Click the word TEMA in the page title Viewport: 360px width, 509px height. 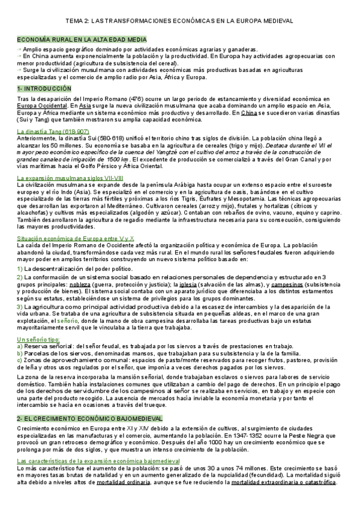tap(76, 20)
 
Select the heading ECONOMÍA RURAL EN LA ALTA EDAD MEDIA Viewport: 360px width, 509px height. tap(81, 39)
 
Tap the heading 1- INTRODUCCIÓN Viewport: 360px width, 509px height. tap(44, 88)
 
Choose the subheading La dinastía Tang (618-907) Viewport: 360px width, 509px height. tap(53, 131)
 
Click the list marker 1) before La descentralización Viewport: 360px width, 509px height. tap(20, 268)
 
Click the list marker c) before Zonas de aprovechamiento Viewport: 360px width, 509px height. tap(20, 360)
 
